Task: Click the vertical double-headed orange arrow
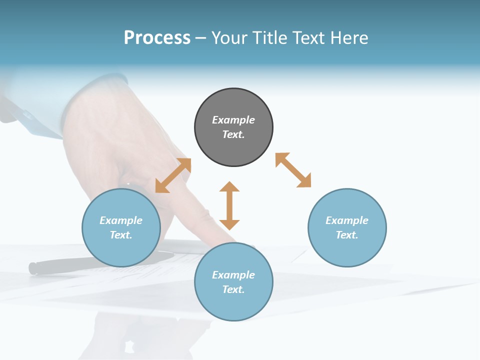229,205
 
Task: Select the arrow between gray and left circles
173,175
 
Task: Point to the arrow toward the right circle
293,170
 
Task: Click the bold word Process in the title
157,37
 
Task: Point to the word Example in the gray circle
233,120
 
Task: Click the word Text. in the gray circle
233,134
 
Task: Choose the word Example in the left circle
121,220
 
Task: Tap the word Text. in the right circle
347,235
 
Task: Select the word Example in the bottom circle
233,275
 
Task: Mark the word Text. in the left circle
121,235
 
